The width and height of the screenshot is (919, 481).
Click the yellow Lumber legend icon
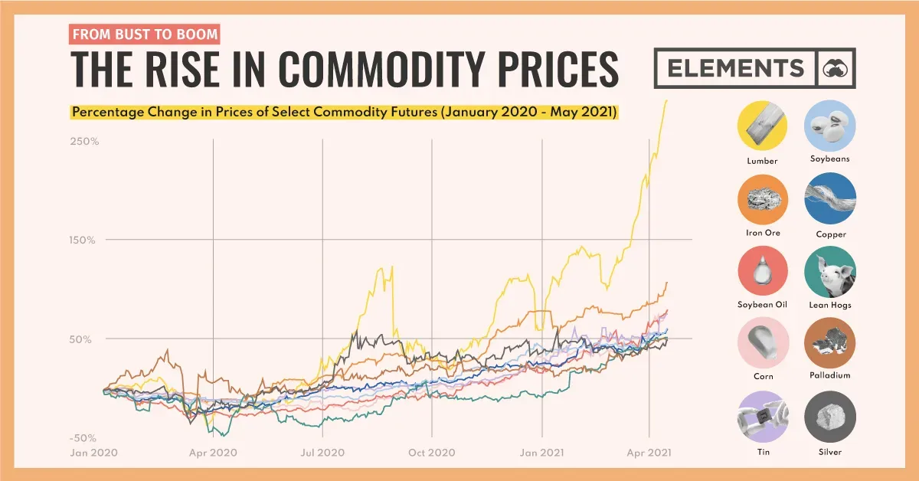coord(762,126)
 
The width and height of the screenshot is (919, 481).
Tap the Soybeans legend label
coord(829,159)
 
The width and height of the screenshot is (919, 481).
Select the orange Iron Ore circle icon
coord(762,198)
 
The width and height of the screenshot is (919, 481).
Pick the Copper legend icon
coord(829,198)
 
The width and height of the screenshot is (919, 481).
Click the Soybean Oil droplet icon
coord(762,271)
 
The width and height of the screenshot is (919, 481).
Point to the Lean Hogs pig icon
coord(829,271)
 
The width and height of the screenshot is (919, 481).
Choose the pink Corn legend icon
coord(762,342)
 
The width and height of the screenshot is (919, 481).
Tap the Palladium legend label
coord(829,376)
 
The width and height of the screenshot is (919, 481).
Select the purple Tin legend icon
coord(762,417)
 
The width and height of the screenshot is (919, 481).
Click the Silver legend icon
coord(829,417)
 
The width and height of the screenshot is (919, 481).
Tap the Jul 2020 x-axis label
coord(322,453)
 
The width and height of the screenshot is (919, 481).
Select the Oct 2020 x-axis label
coord(432,453)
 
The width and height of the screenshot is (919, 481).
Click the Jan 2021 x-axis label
coord(542,453)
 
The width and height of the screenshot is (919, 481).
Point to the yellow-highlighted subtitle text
coord(344,113)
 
